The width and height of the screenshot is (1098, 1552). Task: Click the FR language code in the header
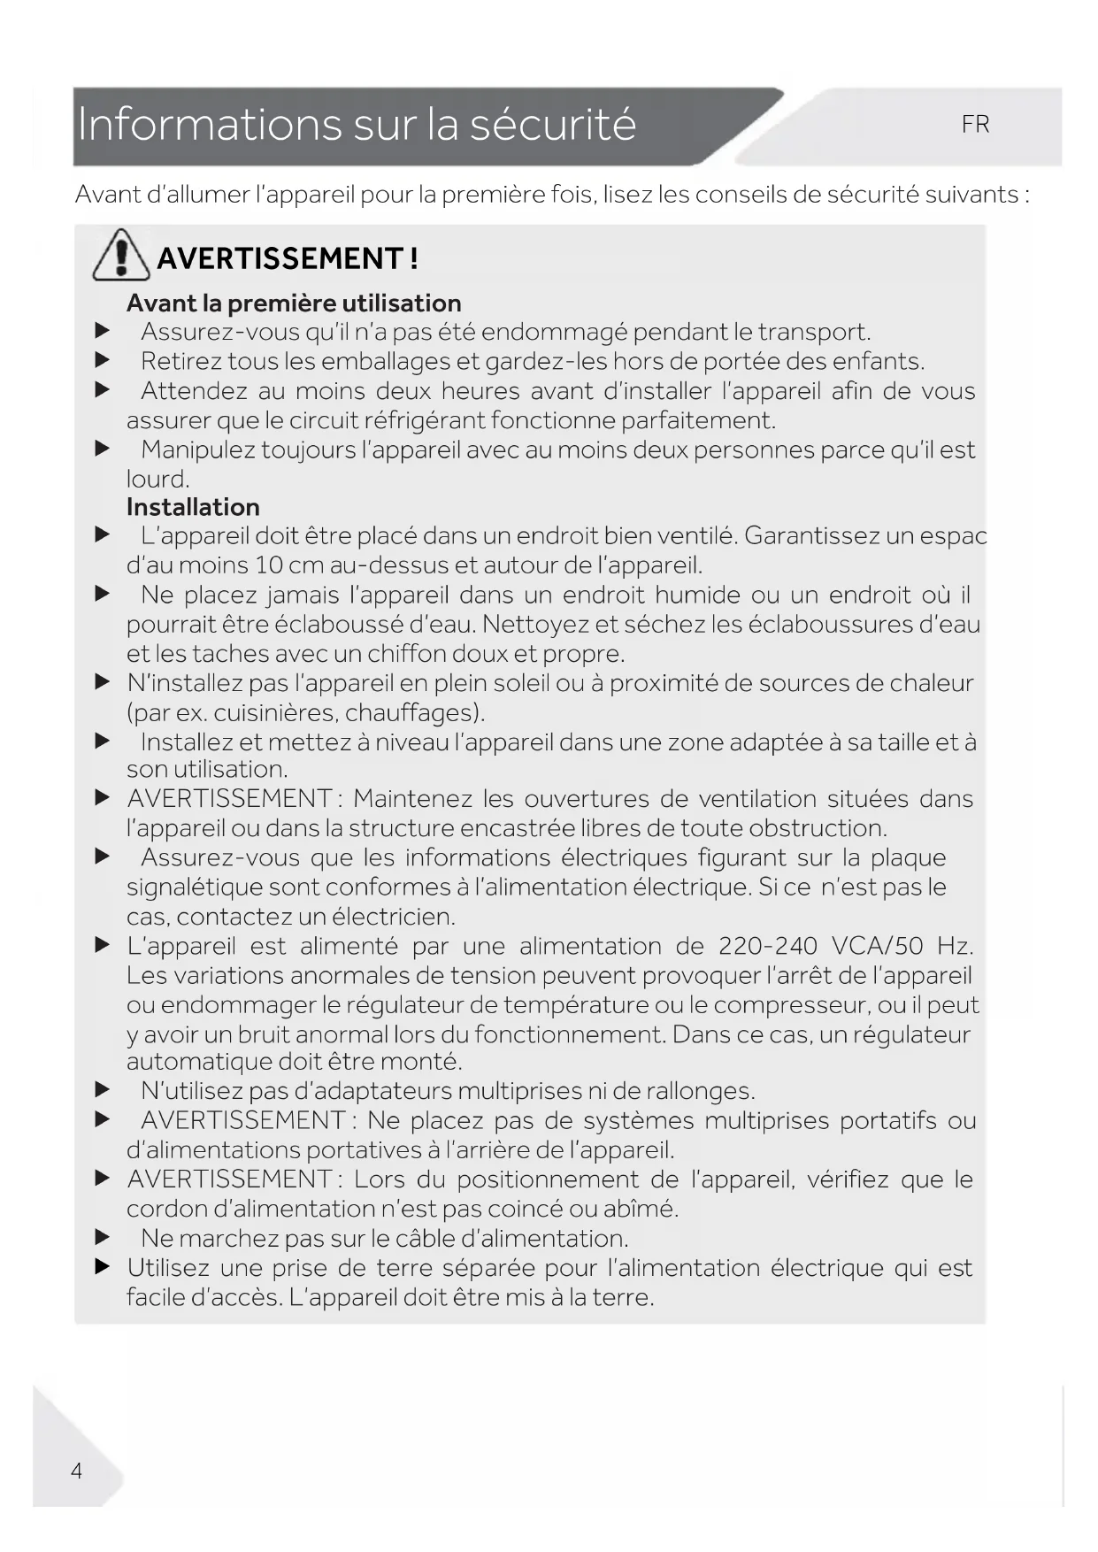(x=975, y=125)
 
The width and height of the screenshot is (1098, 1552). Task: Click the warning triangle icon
(x=120, y=255)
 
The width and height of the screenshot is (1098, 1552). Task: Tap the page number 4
(x=77, y=1471)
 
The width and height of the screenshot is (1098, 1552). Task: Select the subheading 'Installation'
(x=193, y=507)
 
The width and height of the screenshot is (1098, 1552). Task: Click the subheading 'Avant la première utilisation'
(x=294, y=303)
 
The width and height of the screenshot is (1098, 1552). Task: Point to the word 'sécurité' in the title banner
(x=553, y=124)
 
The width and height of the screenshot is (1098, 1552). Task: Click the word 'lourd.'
(x=158, y=480)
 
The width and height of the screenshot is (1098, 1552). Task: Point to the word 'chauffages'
(x=411, y=712)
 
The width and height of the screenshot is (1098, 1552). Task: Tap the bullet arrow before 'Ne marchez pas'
(x=103, y=1238)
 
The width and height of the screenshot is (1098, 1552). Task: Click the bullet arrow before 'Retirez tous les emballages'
(x=103, y=361)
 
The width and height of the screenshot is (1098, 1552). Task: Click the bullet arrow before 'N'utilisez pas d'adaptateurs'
(x=103, y=1091)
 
